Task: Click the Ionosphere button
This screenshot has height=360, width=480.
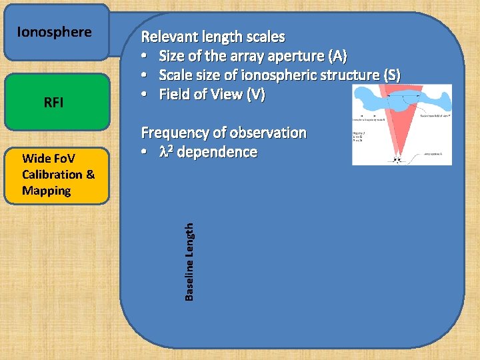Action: [x=56, y=32]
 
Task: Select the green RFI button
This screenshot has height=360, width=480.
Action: [x=56, y=102]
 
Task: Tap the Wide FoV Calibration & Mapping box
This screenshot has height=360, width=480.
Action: [x=56, y=175]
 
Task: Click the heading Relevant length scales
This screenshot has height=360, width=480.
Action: [x=213, y=37]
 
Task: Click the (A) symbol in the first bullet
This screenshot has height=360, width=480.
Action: [x=336, y=56]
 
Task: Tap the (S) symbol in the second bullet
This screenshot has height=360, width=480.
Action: [x=389, y=75]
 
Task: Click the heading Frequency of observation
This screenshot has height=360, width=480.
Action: [x=223, y=133]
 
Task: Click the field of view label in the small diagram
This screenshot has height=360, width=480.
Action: [x=433, y=115]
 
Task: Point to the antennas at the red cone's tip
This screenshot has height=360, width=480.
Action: [x=399, y=159]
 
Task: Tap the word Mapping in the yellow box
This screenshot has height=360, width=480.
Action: [x=46, y=191]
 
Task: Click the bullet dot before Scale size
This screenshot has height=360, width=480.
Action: [x=144, y=75]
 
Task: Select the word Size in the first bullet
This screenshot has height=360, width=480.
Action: [x=173, y=56]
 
